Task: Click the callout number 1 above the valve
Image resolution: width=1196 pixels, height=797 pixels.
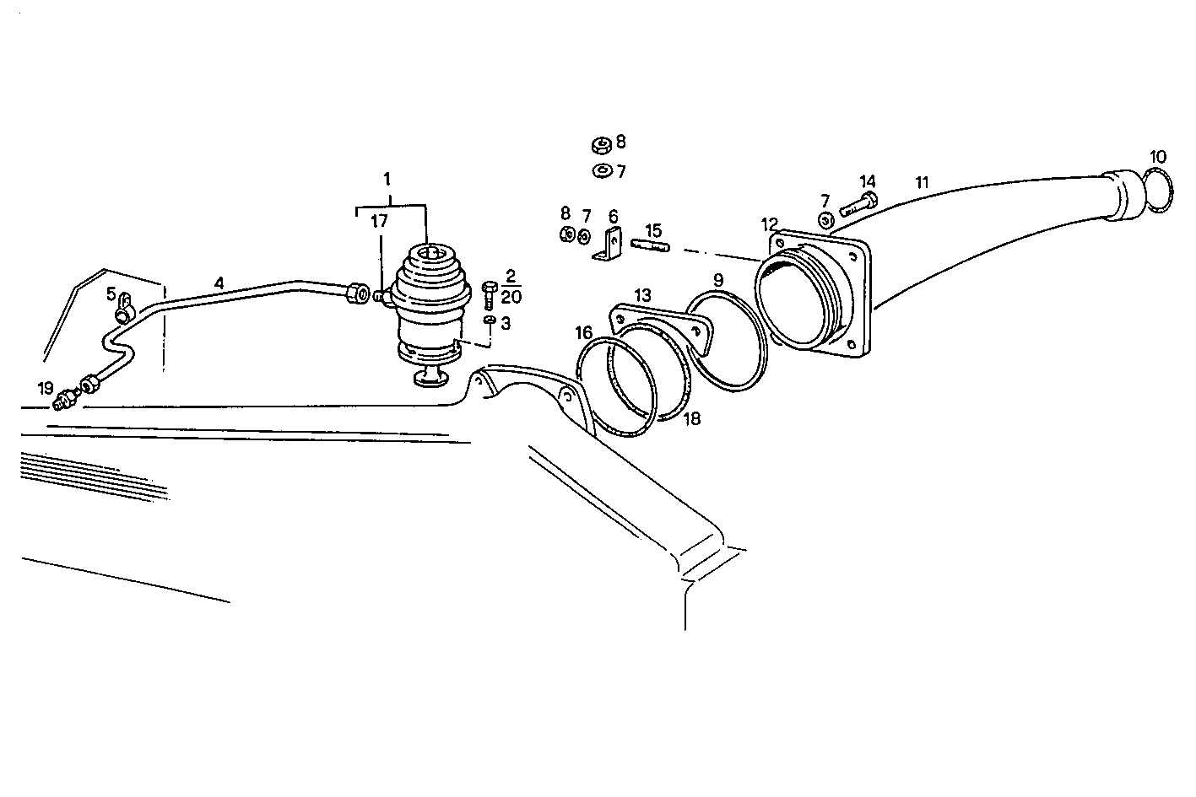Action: click(387, 179)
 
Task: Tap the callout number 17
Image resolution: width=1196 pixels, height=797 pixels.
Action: click(379, 223)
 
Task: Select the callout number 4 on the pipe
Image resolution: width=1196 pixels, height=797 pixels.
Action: click(219, 283)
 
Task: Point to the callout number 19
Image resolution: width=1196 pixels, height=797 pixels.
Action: click(46, 388)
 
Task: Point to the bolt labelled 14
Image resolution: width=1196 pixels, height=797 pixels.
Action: click(858, 203)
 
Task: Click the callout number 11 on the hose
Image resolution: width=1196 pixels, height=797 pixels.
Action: click(922, 181)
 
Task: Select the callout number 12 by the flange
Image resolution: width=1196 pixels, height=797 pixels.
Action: click(769, 224)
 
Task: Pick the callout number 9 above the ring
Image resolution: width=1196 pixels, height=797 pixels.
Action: click(717, 279)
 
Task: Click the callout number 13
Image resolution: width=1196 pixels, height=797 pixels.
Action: click(643, 295)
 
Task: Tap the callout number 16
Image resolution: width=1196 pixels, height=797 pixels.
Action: click(584, 332)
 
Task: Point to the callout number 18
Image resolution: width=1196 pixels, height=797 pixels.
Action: click(691, 418)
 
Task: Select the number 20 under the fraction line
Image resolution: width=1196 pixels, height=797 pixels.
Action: click(511, 296)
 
